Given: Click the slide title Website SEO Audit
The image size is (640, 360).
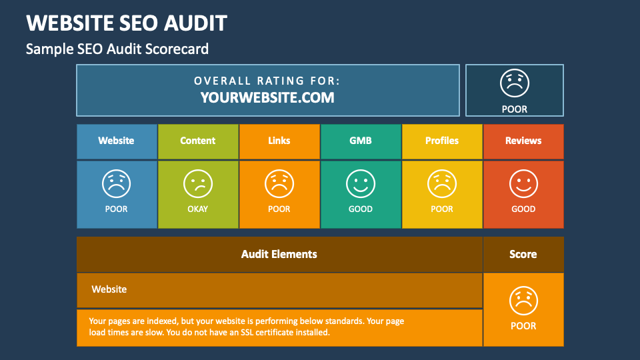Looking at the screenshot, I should click(127, 23).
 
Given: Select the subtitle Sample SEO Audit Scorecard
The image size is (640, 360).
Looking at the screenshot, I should click(117, 49).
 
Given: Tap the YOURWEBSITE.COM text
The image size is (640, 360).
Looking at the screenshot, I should click(267, 97).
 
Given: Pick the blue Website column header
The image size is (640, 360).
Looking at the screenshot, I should click(117, 141).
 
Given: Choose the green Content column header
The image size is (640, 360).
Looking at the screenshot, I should click(198, 141).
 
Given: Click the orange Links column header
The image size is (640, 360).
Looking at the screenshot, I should click(279, 141).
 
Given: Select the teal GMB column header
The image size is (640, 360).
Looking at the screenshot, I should click(361, 141).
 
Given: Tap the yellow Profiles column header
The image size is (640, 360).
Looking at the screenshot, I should click(442, 141).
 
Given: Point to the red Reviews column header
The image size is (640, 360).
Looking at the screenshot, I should click(523, 141).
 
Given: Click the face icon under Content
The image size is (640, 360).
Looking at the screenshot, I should click(198, 184).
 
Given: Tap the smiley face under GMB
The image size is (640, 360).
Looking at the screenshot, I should click(361, 184).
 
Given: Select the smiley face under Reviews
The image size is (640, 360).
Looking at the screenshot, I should click(523, 184).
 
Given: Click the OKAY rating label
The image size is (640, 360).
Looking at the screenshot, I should click(198, 209).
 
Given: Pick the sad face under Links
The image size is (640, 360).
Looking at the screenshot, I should click(279, 184).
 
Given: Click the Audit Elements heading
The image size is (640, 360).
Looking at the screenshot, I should click(279, 254).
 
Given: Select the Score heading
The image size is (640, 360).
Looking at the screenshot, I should click(523, 254).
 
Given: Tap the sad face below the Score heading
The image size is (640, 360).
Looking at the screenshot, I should click(523, 301).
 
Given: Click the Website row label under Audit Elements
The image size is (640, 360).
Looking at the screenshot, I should click(109, 289).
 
